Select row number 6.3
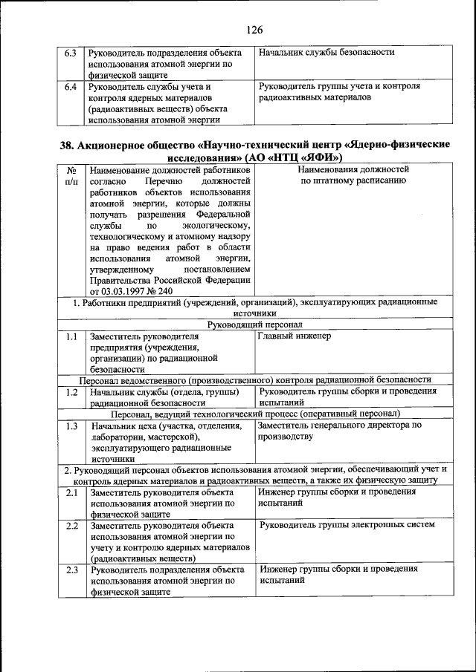click(x=71, y=53)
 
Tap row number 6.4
click(x=71, y=87)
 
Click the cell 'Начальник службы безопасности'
click(x=325, y=53)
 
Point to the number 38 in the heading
click(x=68, y=146)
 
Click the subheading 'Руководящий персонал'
click(x=255, y=324)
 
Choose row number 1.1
click(x=71, y=336)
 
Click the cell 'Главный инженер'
click(x=295, y=336)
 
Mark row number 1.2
click(x=71, y=391)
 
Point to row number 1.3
click(x=71, y=426)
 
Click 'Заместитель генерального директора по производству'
click(x=339, y=431)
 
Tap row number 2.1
click(x=71, y=492)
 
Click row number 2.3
click(x=71, y=570)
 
